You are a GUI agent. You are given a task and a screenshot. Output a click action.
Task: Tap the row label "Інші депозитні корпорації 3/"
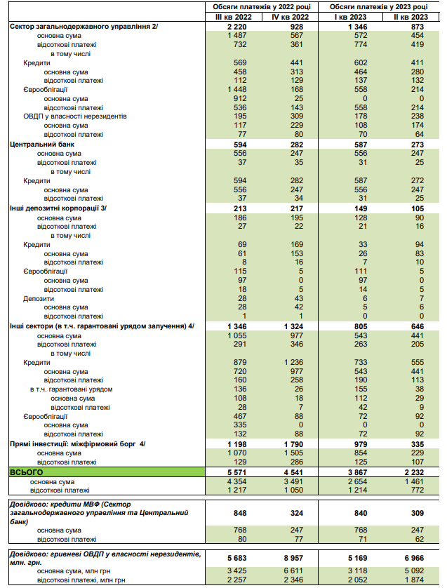(x=58, y=208)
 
